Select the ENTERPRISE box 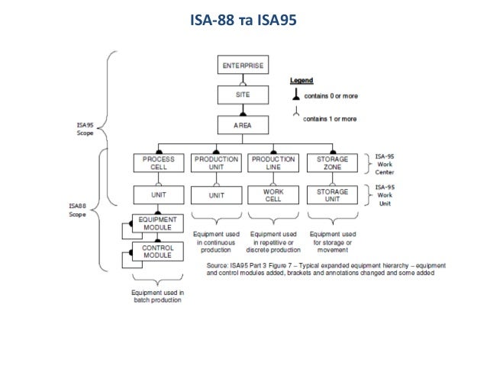[243, 66]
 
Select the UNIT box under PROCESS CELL [158, 196]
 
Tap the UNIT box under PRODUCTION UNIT [216, 196]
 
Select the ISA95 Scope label [85, 127]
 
